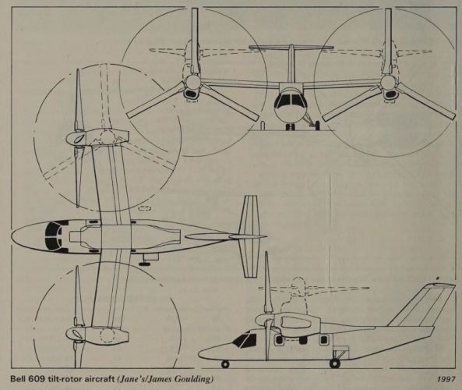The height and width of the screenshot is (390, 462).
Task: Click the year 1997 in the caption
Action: pos(446,379)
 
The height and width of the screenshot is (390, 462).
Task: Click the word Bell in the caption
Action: pos(17,379)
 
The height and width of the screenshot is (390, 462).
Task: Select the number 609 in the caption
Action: pos(31,379)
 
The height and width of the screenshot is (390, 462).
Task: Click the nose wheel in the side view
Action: pos(225,364)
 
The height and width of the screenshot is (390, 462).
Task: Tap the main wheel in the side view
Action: pos(335,363)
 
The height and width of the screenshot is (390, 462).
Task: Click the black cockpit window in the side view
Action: pos(245,339)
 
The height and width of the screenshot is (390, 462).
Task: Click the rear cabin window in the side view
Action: pos(323,340)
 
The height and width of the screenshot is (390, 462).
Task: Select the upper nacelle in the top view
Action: pos(97,138)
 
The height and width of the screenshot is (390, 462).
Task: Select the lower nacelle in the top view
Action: pos(97,335)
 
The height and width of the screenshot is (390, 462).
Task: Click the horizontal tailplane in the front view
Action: pos(291,47)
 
